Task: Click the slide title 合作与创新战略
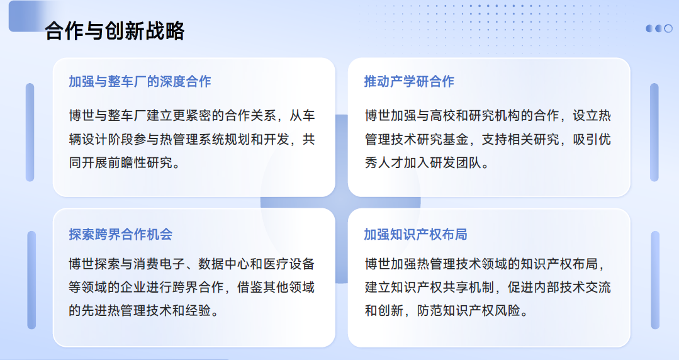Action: click(115, 31)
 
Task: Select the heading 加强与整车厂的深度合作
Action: click(140, 81)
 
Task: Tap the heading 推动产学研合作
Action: click(409, 81)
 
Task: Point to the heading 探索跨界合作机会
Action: click(120, 234)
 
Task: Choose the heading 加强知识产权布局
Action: click(416, 234)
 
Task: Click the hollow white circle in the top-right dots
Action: click(668, 28)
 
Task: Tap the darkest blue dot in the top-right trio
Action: click(649, 28)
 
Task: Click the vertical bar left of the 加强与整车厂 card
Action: click(30, 132)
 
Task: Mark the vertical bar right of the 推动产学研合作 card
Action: click(654, 132)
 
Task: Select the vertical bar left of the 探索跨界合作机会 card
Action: click(31, 280)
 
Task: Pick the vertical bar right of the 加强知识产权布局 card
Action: click(655, 280)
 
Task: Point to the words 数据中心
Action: click(224, 264)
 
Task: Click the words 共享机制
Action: click(469, 287)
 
